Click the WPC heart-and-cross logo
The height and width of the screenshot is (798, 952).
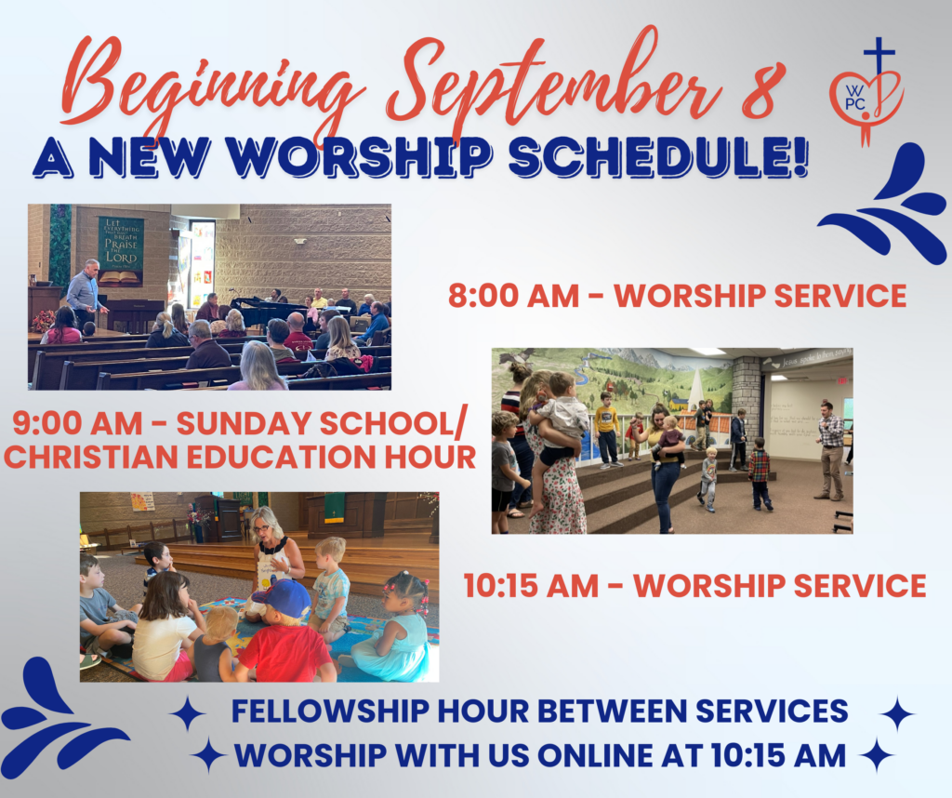click(x=867, y=91)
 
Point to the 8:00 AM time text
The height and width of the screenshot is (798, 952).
click(x=513, y=296)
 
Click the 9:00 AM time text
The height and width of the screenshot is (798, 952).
click(x=77, y=423)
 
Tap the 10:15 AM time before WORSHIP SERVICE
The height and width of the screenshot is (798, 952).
click(x=531, y=586)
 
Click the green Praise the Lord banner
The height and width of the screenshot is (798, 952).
click(x=121, y=251)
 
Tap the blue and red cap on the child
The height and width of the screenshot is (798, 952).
click(x=283, y=598)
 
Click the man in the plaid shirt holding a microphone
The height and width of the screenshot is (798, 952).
click(x=829, y=450)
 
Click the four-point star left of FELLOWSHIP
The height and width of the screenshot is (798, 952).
click(x=188, y=713)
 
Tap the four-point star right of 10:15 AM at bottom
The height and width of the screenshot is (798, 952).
click(x=877, y=755)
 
